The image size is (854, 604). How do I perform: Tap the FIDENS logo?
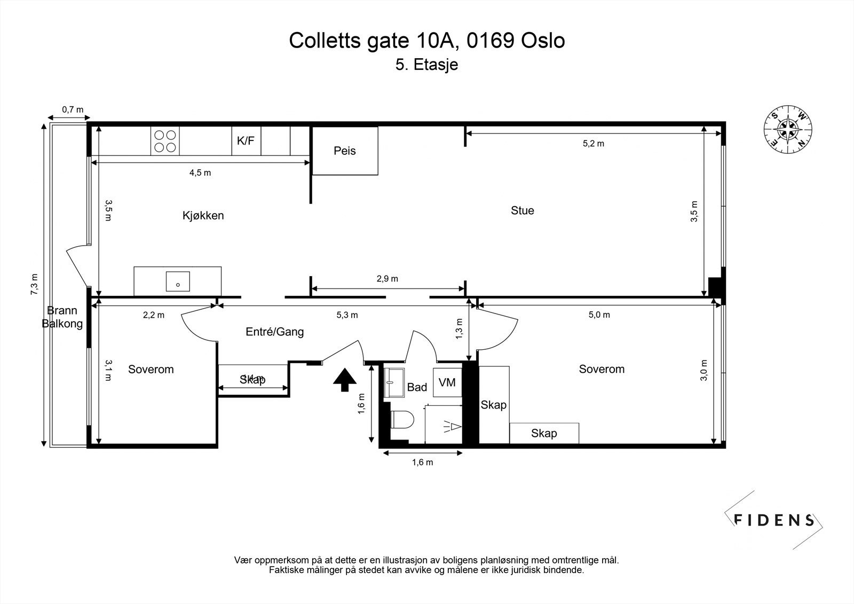point(773,520)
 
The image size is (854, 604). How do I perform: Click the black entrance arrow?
point(345,379)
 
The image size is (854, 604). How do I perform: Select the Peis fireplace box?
point(345,151)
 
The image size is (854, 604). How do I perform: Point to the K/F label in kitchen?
point(246,141)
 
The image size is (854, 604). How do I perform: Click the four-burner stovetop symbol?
point(165,141)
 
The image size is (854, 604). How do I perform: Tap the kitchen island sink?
point(177,281)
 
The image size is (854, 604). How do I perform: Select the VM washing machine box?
point(447,382)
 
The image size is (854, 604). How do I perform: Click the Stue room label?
point(522,210)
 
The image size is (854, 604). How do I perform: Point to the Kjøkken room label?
point(203,216)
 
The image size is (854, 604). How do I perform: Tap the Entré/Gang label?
point(274,332)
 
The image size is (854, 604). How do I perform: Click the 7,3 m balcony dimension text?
point(35,284)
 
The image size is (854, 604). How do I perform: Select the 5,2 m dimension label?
point(593,144)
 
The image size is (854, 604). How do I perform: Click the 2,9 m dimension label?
point(387,279)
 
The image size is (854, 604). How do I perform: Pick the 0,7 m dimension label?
point(73,110)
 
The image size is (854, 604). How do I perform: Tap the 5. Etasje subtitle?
point(426,65)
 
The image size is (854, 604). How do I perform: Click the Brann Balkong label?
point(62,317)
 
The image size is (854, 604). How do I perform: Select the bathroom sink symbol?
point(395,381)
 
